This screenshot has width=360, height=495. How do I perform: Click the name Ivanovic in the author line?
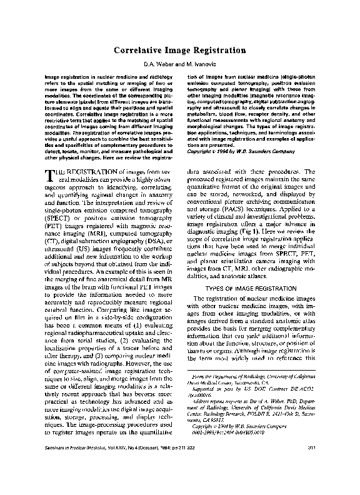[202, 65]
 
